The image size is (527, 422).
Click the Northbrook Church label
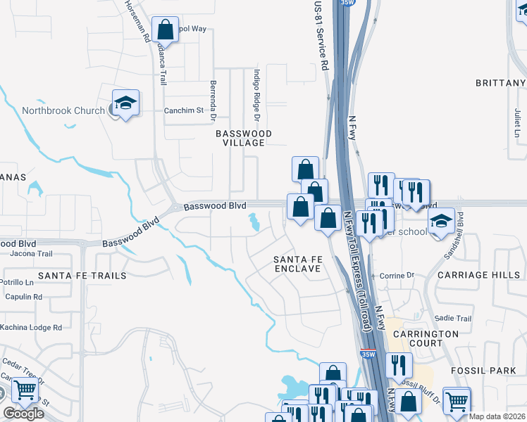62,110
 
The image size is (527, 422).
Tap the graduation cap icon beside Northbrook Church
125,103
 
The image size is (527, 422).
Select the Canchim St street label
183,110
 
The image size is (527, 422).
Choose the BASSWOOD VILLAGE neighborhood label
244,138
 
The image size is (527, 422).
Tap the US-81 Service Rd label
324,35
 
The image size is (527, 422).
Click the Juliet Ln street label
516,122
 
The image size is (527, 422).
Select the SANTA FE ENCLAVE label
297,264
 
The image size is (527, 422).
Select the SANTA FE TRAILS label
82,275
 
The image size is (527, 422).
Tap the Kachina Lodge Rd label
31,327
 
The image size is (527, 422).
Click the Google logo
23,413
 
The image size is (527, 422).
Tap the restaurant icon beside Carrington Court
399,365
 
